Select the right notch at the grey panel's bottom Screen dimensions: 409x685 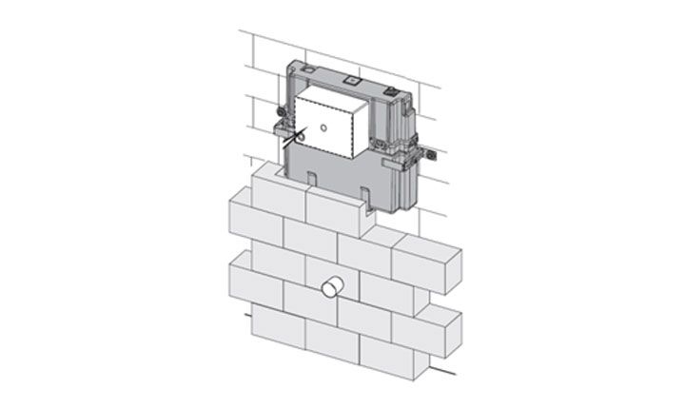click(x=365, y=198)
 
